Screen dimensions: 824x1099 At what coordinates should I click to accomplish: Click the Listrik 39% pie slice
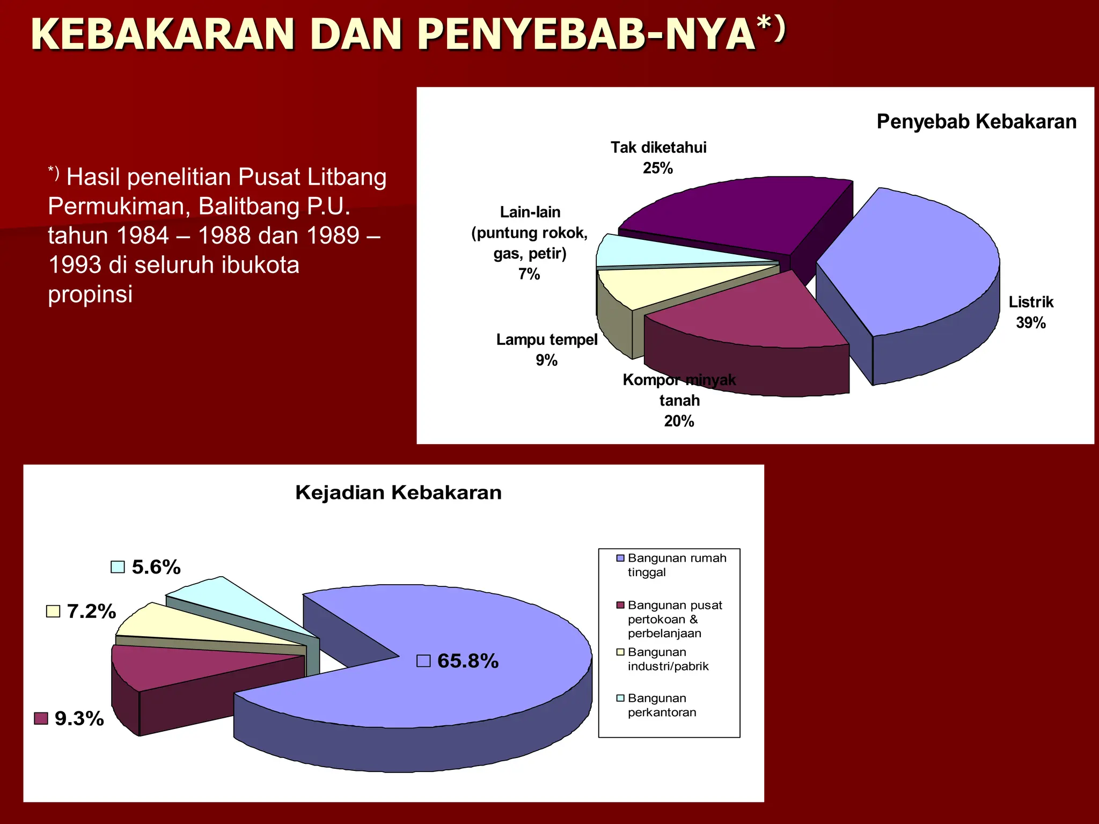(912, 263)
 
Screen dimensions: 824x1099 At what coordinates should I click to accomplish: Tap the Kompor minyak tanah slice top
(746, 311)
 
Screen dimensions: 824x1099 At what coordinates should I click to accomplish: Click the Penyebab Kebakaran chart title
(976, 122)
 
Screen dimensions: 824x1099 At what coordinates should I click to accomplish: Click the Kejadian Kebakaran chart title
(398, 492)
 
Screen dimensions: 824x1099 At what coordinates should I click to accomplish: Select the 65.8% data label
(467, 661)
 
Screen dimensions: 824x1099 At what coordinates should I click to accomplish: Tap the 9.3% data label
(79, 718)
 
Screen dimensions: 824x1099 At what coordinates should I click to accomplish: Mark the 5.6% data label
(156, 567)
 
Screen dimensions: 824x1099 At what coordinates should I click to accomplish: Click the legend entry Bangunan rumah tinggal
(676, 565)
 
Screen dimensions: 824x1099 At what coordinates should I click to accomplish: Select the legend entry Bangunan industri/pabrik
(668, 659)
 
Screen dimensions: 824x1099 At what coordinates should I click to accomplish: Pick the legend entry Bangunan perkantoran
(662, 705)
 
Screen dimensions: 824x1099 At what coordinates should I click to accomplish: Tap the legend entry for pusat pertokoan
(675, 619)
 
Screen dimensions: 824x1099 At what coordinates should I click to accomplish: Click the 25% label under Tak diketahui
(658, 168)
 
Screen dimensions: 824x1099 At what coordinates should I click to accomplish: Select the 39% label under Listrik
(1030, 322)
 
